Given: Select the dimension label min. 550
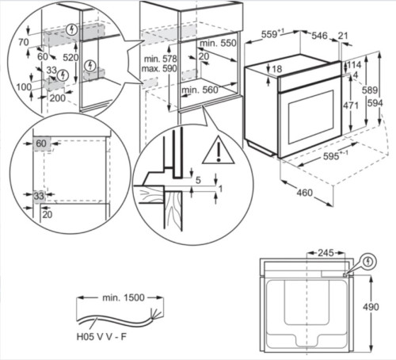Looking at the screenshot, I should [219, 41].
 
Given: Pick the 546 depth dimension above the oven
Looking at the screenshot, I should [319, 35].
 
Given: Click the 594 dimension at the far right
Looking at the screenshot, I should [384, 103].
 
